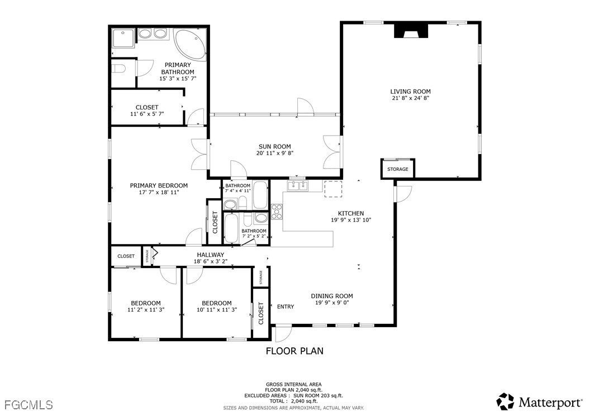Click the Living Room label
[x=410, y=91]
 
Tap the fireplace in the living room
[x=411, y=31]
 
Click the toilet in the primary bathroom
[x=118, y=69]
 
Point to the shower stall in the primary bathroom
[x=123, y=37]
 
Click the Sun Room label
[x=274, y=146]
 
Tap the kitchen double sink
[x=297, y=185]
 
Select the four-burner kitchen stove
[x=277, y=212]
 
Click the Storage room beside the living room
[x=398, y=169]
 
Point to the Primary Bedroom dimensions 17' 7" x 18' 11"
[x=159, y=192]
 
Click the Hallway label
[x=210, y=255]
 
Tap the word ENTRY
[x=286, y=307]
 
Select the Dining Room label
[x=332, y=296]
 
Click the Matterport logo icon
[x=506, y=401]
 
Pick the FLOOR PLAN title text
[x=294, y=351]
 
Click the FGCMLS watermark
[x=28, y=405]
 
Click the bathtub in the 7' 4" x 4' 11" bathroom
[x=260, y=195]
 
